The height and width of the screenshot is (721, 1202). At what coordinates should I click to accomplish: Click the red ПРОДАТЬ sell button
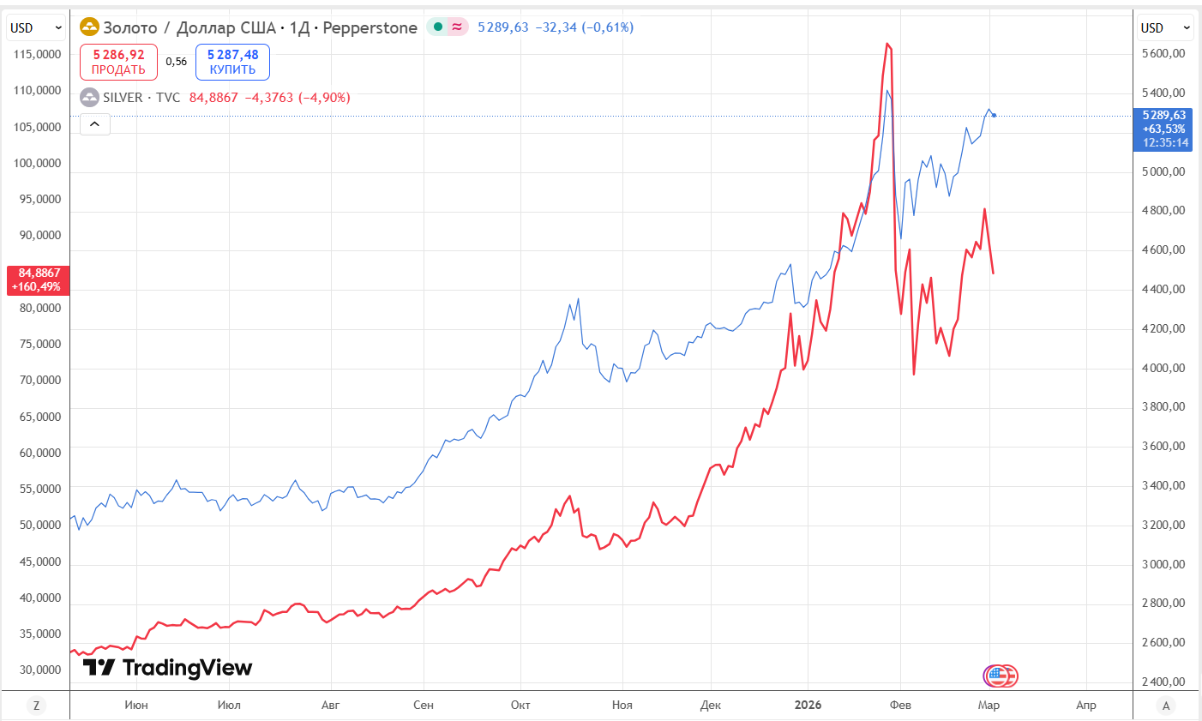[118, 62]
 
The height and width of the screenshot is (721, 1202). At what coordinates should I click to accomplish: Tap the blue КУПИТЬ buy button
[232, 62]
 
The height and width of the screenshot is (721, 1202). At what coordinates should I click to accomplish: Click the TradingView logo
[168, 667]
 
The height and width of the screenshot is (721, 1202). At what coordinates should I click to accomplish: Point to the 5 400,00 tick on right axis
[1163, 93]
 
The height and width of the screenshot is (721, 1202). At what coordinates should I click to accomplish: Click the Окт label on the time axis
[520, 705]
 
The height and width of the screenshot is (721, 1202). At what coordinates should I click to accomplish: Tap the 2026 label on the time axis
[808, 705]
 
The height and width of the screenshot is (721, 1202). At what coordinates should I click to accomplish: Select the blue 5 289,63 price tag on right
[1163, 128]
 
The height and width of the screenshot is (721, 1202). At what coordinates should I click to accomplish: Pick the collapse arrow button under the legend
[95, 124]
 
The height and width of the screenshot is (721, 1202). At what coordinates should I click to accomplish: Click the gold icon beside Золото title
[89, 27]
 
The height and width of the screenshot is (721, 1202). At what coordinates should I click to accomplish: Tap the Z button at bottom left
[36, 706]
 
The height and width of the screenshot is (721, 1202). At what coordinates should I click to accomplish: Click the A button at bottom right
[1165, 706]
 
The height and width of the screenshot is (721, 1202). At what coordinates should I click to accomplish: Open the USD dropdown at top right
[1165, 27]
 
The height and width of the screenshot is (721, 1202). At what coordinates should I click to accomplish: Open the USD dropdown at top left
[36, 27]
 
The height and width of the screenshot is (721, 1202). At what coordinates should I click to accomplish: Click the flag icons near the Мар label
[1000, 676]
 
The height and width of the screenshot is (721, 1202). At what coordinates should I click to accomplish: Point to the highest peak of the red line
[887, 44]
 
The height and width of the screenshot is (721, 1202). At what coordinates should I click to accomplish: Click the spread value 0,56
[177, 62]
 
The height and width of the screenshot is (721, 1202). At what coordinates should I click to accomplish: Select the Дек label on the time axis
[710, 705]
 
